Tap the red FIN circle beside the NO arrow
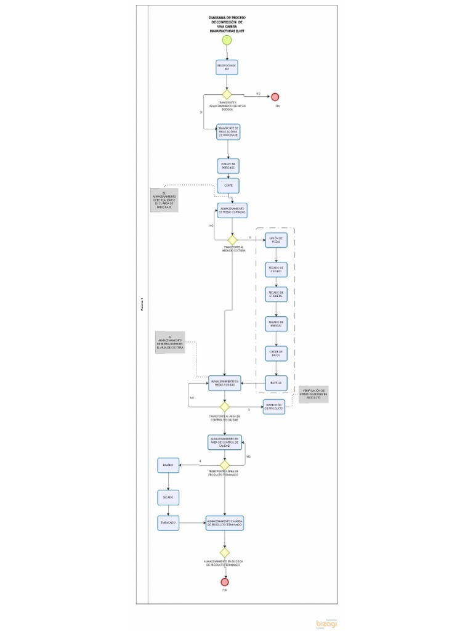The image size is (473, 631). [x=275, y=97]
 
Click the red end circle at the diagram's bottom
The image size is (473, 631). [x=225, y=582]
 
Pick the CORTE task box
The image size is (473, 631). [x=228, y=185]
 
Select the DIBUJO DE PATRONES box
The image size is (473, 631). [x=228, y=166]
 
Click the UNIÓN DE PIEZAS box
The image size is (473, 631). [x=276, y=240]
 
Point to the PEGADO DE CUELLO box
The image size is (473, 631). [x=276, y=270]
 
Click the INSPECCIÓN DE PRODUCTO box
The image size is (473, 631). [x=274, y=407]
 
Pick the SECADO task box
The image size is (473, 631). [x=168, y=496]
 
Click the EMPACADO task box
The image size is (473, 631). [x=168, y=523]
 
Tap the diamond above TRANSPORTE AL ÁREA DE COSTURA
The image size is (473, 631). [x=232, y=240]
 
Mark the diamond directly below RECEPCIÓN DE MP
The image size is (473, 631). [x=226, y=95]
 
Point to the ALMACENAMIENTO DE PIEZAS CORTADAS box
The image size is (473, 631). [x=232, y=211]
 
